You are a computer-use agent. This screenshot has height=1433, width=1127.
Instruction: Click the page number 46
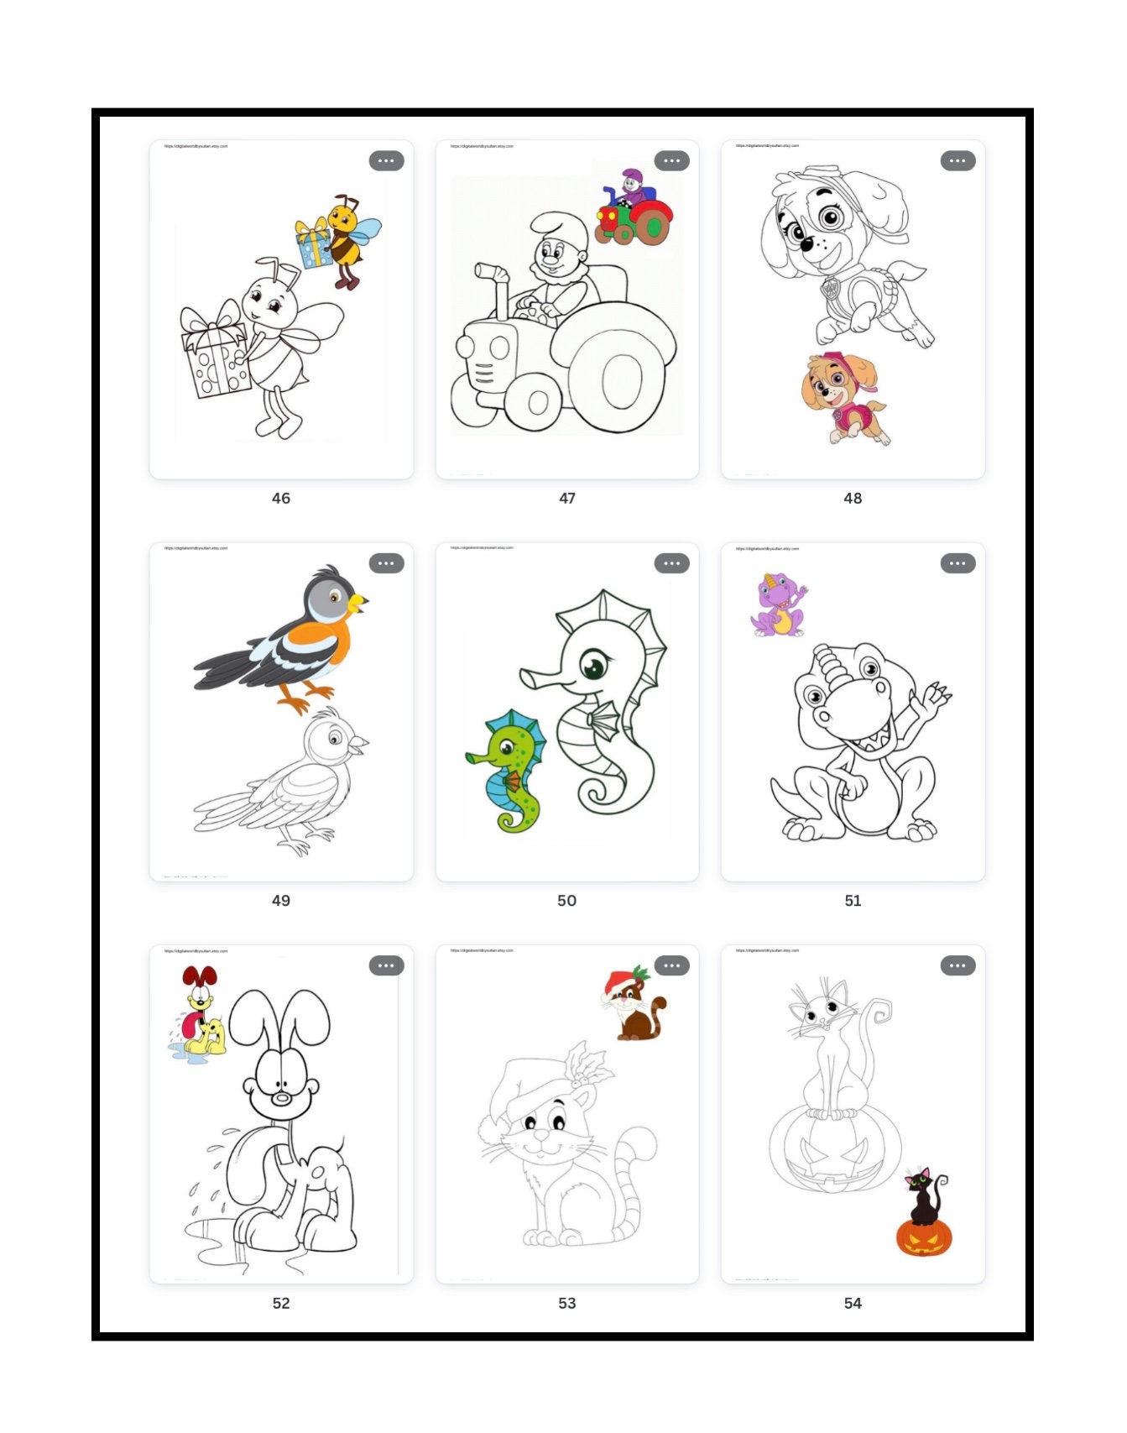[x=280, y=498]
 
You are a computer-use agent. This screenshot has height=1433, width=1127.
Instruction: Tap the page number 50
[x=566, y=900]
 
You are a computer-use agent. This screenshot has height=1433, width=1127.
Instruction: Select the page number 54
[x=853, y=1303]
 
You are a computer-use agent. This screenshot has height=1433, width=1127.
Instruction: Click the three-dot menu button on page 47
[x=671, y=160]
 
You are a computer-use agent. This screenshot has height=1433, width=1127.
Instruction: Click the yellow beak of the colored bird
[x=359, y=601]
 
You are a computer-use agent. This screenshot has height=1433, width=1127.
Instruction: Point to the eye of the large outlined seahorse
[x=593, y=668]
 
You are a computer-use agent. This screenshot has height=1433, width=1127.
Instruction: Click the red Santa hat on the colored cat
[x=619, y=981]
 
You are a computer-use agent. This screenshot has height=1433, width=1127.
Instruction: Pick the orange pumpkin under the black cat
[x=924, y=1237]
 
